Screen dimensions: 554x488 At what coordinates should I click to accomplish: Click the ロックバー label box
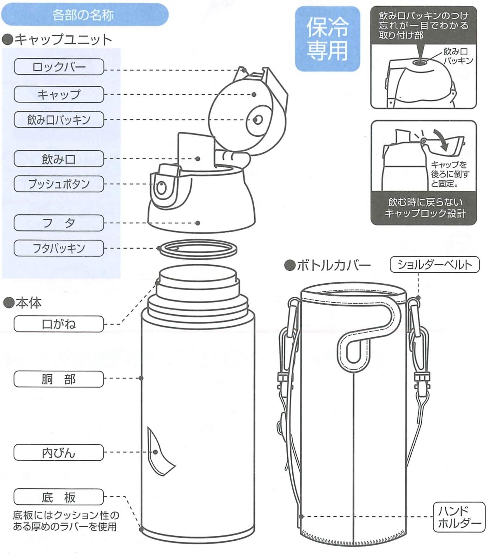[x=59, y=67]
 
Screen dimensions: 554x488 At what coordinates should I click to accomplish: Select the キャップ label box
[x=59, y=94]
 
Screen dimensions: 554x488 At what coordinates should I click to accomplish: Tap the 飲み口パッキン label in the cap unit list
[x=59, y=120]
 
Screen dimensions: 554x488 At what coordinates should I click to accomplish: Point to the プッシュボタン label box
[x=59, y=184]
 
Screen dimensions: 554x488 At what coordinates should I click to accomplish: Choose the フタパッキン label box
[x=59, y=248]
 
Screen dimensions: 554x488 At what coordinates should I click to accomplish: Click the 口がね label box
[x=59, y=324]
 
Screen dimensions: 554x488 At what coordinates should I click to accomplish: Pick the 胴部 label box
[x=59, y=379]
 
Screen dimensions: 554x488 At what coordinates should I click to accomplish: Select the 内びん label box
[x=59, y=453]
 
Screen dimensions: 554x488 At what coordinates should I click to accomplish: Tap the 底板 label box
[x=59, y=497]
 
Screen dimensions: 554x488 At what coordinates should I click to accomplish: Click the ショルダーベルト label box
[x=434, y=265]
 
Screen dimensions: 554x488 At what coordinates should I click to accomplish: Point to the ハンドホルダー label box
[x=459, y=517]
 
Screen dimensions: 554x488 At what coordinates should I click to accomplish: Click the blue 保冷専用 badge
[x=327, y=39]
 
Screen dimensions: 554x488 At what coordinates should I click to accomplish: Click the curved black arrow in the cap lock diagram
[x=442, y=140]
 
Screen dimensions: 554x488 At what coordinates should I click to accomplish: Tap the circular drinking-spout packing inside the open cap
[x=257, y=120]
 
